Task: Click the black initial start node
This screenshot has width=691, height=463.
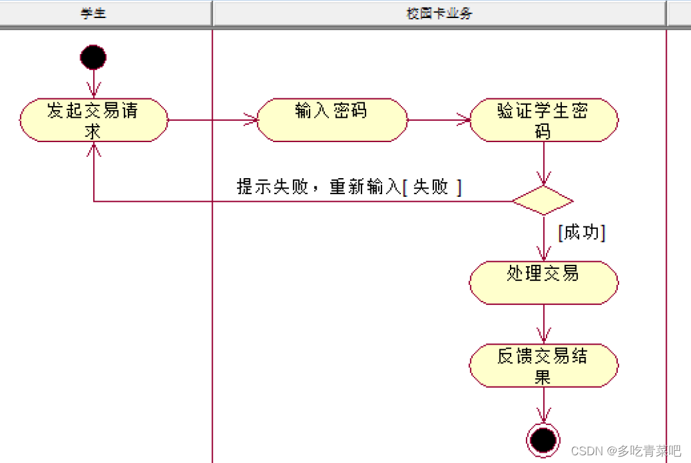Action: click(93, 57)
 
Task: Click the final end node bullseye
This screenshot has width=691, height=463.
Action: click(543, 440)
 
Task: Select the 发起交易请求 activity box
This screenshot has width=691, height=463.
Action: click(94, 120)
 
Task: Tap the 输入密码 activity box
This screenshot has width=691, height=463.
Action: click(332, 120)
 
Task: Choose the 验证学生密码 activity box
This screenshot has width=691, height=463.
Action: click(543, 120)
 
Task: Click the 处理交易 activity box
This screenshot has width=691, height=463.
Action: click(543, 282)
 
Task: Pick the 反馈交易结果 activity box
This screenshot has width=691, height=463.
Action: click(543, 365)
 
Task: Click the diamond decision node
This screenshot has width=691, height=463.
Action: click(543, 201)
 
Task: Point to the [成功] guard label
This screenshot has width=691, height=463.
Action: click(582, 232)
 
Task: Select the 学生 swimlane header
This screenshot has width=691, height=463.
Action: click(94, 13)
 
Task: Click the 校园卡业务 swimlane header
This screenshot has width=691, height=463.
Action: click(439, 13)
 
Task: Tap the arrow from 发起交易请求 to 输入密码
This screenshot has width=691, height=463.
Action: click(212, 120)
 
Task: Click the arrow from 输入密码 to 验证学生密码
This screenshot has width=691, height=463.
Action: click(439, 120)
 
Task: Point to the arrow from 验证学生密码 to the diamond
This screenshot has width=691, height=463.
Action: click(544, 164)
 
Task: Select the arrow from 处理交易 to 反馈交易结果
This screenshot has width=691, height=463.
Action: click(544, 324)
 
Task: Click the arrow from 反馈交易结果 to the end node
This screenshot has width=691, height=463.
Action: click(544, 405)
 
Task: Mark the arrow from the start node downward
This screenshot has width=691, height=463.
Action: click(94, 84)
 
